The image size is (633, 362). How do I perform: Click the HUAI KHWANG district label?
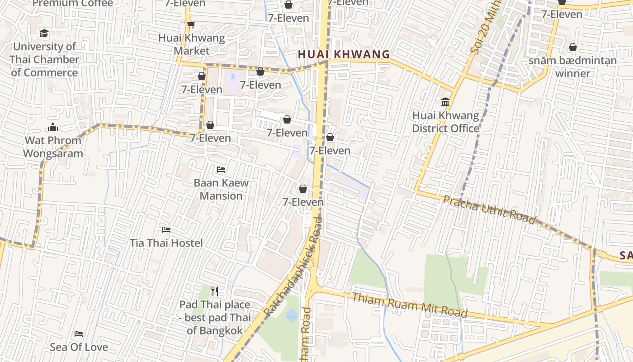click(x=344, y=55)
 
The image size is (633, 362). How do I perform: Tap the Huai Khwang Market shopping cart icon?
click(x=191, y=25)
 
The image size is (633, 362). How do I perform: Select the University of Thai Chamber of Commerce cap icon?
click(x=44, y=33)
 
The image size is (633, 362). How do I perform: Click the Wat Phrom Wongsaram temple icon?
click(x=53, y=127)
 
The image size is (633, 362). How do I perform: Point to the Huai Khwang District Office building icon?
click(x=445, y=102)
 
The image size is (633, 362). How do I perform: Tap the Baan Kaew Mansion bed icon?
click(x=221, y=170)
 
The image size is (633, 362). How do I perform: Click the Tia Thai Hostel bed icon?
click(x=166, y=230)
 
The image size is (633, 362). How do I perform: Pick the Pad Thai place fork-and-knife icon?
click(x=215, y=291)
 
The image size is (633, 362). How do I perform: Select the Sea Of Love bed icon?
click(x=79, y=334)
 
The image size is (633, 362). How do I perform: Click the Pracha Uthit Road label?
click(x=489, y=210)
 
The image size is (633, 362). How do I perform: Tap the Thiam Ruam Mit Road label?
click(x=409, y=305)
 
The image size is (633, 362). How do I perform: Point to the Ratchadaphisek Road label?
click(x=293, y=267)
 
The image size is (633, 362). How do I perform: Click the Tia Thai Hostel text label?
click(x=166, y=243)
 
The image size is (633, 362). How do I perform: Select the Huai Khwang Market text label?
click(x=192, y=44)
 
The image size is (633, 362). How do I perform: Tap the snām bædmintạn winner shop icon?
click(x=572, y=47)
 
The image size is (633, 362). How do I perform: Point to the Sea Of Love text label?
click(x=79, y=347)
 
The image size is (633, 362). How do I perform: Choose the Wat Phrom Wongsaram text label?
click(x=53, y=147)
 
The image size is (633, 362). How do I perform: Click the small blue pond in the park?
click(x=292, y=315)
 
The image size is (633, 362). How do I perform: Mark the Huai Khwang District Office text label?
click(x=445, y=122)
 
